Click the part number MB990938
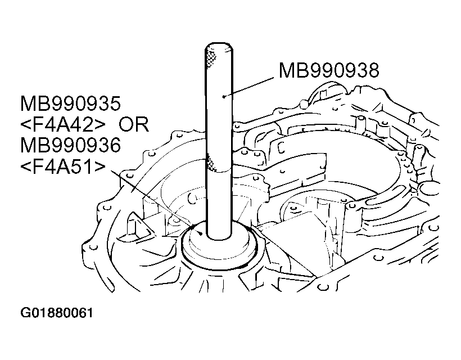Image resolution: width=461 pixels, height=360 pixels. pos(329,70)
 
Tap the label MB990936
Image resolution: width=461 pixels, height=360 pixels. pos(70,145)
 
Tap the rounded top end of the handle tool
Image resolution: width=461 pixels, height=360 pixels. pos(219,46)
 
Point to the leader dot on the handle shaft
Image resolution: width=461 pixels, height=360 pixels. pos(223,96)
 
